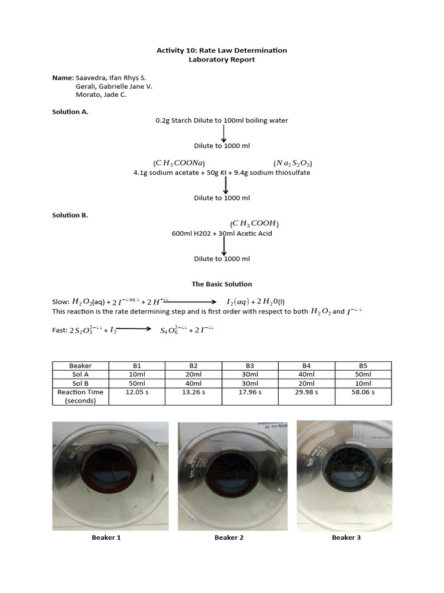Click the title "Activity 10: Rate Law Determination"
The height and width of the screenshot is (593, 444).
tap(222, 50)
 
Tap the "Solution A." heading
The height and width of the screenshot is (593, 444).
tap(71, 112)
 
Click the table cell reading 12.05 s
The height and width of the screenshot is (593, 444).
tap(137, 392)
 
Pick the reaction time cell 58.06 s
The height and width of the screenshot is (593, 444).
tap(363, 392)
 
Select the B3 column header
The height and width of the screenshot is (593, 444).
tap(250, 366)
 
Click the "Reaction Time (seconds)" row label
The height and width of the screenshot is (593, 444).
tap(80, 396)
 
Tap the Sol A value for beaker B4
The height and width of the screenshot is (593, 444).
tap(306, 375)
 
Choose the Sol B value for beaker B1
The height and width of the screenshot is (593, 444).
tap(137, 383)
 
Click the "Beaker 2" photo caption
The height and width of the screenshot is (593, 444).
tap(229, 537)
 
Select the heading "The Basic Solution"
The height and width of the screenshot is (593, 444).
tap(222, 284)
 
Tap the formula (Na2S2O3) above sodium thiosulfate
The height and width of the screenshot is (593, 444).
tap(293, 163)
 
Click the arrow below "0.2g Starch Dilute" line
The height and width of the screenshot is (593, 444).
tap(224, 133)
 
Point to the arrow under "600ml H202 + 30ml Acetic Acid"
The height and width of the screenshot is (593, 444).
tap(224, 246)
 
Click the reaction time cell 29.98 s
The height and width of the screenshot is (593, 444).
tap(306, 392)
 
